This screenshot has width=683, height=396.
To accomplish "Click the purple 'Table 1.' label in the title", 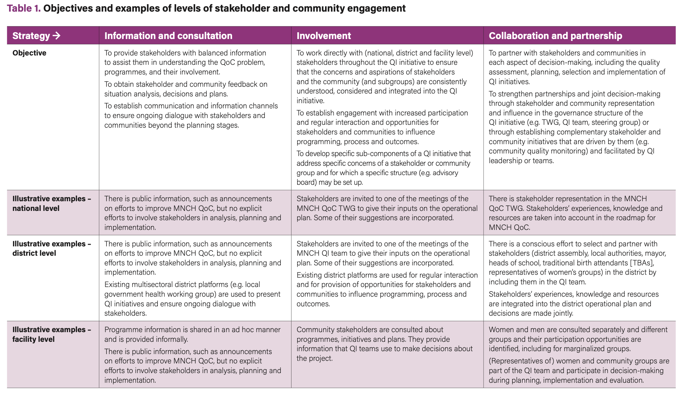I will (24, 8).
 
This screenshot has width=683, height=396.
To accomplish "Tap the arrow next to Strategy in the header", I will (56, 35).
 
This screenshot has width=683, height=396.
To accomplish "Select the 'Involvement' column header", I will (323, 35).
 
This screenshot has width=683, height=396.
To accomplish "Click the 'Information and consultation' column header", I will (168, 35).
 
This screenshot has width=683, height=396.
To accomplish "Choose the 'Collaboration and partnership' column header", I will (555, 35).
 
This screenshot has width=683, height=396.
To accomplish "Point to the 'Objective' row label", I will (29, 53).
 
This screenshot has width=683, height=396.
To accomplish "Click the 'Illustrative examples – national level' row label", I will (52, 203).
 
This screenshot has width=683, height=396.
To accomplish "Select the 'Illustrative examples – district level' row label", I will (52, 248).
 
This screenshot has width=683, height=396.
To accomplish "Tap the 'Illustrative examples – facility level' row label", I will (52, 334).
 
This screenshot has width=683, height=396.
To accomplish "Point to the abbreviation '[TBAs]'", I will (642, 263).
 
